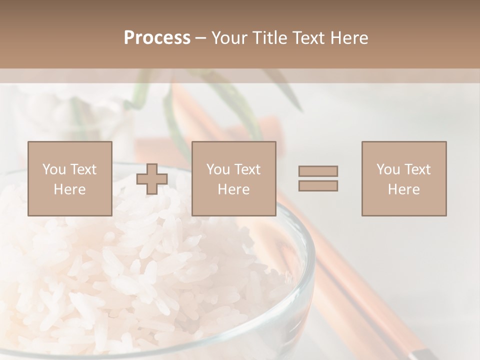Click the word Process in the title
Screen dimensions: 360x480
157,38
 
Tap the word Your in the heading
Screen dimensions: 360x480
230,38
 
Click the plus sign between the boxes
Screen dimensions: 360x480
152,179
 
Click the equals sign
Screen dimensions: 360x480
318,178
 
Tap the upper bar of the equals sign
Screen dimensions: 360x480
318,171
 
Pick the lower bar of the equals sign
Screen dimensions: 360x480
318,186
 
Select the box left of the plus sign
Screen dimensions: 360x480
70,178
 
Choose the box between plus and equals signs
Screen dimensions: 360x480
234,178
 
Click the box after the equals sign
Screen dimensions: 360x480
404,178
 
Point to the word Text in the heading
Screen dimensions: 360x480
307,38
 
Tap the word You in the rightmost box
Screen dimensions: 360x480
388,169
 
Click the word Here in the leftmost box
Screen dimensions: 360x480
70,189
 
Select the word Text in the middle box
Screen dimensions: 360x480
247,169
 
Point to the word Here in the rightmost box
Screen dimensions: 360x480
404,189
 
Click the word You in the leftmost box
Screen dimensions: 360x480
54,169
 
